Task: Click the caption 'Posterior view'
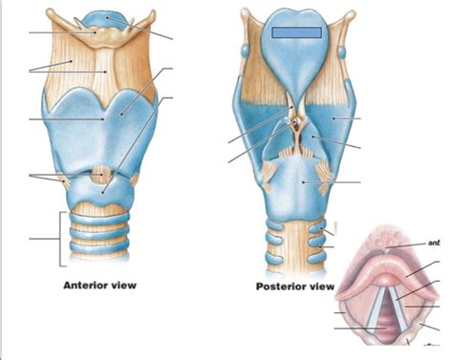click(x=294, y=286)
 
